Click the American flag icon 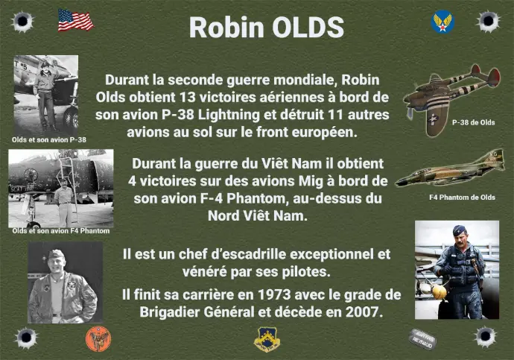click(76, 20)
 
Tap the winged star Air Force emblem click(442, 22)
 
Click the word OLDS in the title click(308, 28)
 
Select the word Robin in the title click(226, 28)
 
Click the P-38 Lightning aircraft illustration click(452, 98)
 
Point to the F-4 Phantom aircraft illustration click(451, 169)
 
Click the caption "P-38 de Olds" click(473, 122)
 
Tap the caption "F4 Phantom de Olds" click(462, 198)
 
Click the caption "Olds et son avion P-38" click(49, 139)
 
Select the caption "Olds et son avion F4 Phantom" click(61, 231)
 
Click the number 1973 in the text click(274, 294)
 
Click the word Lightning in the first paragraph click(229, 115)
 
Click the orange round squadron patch click(98, 339)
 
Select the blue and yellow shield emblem click(267, 340)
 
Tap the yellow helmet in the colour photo click(439, 291)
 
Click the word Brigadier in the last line click(169, 312)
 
